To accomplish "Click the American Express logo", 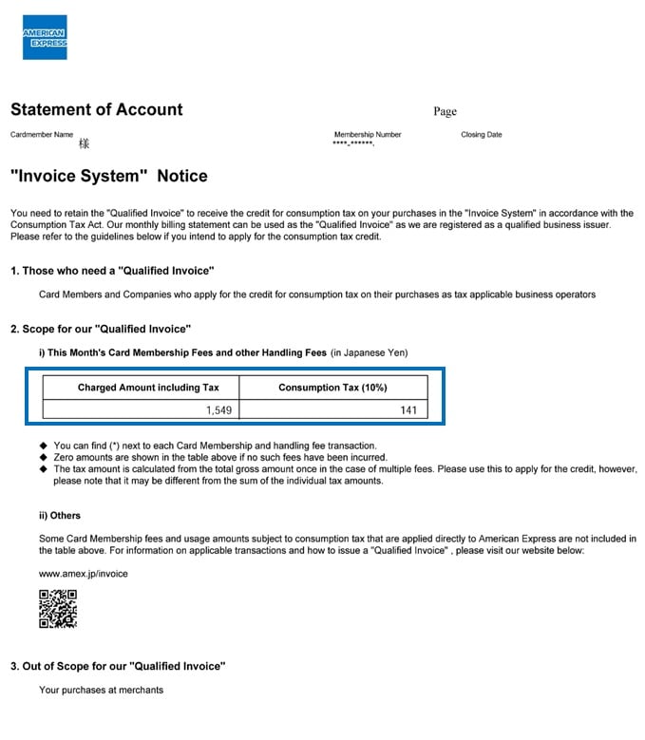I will coord(45,37).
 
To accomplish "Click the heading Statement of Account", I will coord(96,109).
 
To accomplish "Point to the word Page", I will coord(445,111).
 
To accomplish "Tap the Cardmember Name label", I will coord(42,135).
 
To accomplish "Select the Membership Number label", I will coord(368,135).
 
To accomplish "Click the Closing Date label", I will coord(482,135).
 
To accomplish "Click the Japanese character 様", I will coord(84,144).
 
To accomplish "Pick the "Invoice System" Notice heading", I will coord(108,176).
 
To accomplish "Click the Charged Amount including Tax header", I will coord(148,388).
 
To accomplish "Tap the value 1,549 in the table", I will coord(219,410).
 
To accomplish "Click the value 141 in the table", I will coord(408,410).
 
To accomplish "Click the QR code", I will coord(58,609).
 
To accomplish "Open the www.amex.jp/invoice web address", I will coord(83,574).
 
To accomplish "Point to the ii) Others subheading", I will coord(59,515).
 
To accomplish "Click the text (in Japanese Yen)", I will coord(369,353).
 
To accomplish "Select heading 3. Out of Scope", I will coord(118,666).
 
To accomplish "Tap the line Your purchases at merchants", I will coord(101,690).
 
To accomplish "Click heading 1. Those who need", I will coord(112,272).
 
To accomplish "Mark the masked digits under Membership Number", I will coord(353,144).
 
